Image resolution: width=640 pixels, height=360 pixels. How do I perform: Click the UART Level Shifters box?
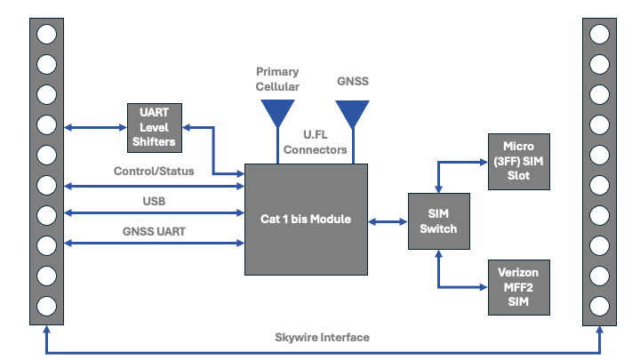point(158,127)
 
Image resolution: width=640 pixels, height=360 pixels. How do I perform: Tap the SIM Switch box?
point(439,221)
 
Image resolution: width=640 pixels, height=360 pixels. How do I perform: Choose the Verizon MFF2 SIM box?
point(520,287)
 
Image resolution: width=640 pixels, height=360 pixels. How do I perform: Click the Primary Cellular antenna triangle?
point(277,112)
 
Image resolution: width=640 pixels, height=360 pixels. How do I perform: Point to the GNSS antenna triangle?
point(352,112)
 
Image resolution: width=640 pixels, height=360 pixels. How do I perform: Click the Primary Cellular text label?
point(277,79)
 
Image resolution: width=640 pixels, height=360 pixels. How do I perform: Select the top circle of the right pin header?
point(599,34)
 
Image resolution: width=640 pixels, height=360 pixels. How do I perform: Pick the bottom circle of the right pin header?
point(599,306)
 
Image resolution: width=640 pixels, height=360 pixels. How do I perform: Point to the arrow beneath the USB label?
point(154,213)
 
